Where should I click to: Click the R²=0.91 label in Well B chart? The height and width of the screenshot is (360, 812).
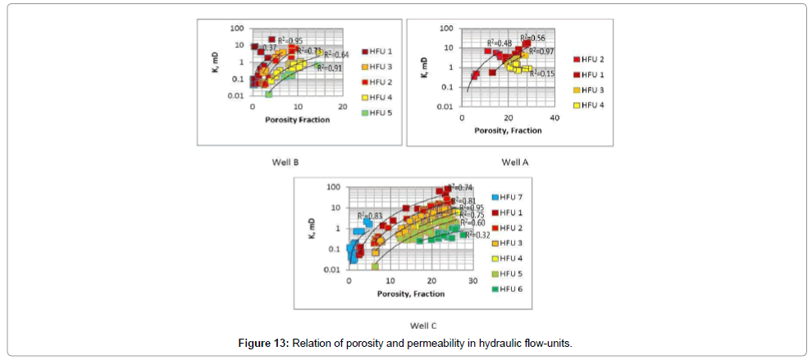point(334,68)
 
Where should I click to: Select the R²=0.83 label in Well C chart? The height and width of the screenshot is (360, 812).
point(371,216)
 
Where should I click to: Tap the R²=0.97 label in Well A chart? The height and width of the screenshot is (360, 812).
point(541,51)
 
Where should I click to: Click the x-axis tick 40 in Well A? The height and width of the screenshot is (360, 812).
point(554,116)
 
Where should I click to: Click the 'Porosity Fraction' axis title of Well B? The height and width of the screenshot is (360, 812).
point(297,120)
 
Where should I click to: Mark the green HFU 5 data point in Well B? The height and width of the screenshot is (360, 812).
point(268,94)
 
